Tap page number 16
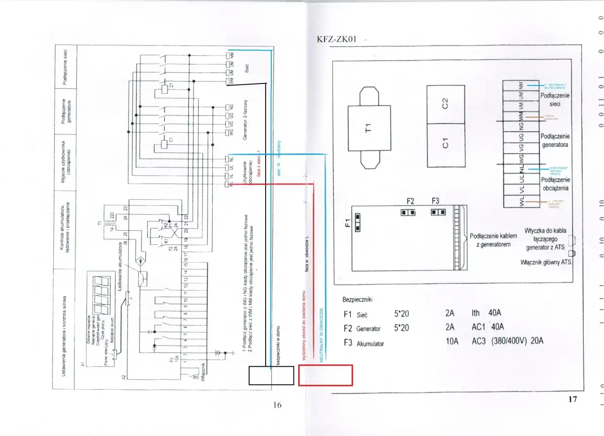pyautogui.click(x=277, y=404)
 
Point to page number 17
pyautogui.click(x=572, y=399)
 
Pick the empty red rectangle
pyautogui.click(x=325, y=375)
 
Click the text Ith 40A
pyautogui.click(x=487, y=313)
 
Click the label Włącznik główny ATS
pyautogui.click(x=546, y=261)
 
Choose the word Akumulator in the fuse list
pyautogui.click(x=370, y=344)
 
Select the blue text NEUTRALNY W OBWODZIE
pyautogui.click(x=321, y=335)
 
